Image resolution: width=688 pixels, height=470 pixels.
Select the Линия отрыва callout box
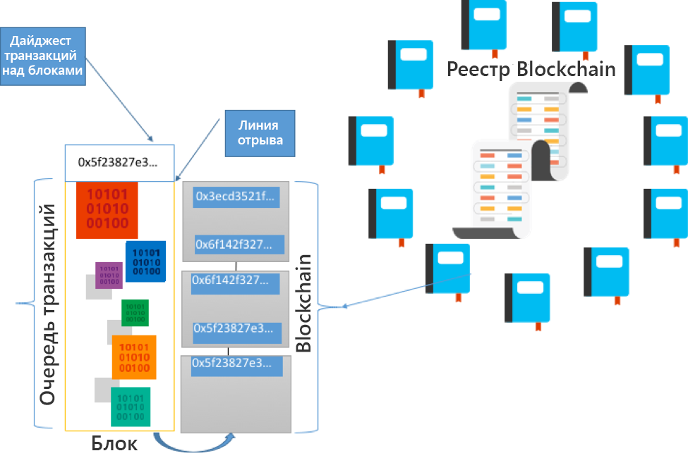[259, 133]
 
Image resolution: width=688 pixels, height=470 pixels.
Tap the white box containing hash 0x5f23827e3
[119, 162]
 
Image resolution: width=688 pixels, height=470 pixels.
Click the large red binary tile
[107, 210]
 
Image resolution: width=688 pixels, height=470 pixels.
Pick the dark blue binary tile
[146, 261]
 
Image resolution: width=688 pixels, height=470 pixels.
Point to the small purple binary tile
[109, 275]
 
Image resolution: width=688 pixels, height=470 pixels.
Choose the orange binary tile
[134, 357]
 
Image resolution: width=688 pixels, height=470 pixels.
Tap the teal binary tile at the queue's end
[131, 407]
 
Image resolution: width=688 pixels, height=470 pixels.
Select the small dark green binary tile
[134, 313]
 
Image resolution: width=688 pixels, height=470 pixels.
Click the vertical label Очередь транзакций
[47, 304]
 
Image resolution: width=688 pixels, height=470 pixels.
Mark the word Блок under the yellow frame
[114, 444]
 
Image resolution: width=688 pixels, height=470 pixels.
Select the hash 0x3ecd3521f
[236, 197]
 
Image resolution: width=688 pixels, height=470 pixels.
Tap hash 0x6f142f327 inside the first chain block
[239, 245]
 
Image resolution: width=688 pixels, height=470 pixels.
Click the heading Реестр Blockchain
[531, 69]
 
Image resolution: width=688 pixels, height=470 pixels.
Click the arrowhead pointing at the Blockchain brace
[345, 307]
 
